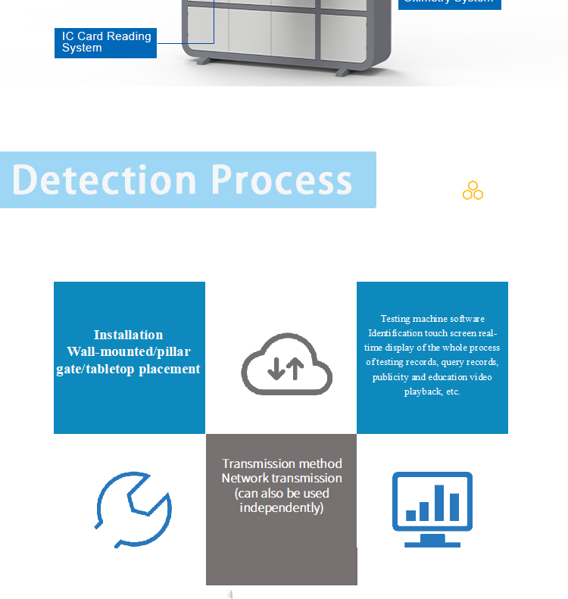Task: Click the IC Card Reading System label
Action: [105, 42]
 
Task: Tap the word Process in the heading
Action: [281, 180]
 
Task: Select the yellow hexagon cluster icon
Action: [473, 191]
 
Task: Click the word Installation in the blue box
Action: [128, 335]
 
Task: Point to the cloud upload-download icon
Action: [286, 365]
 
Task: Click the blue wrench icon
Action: [134, 509]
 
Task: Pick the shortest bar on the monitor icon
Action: [411, 516]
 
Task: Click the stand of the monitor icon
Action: [432, 541]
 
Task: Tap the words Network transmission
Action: [282, 479]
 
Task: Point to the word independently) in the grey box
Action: [282, 507]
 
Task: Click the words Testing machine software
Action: [432, 319]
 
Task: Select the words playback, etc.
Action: [432, 392]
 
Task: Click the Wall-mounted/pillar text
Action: [129, 351]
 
